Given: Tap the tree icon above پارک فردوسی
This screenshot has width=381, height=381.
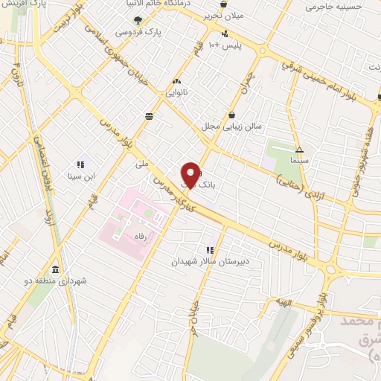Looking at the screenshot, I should coord(136,22).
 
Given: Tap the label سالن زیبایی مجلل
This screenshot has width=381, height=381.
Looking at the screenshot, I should coord(234,127).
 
